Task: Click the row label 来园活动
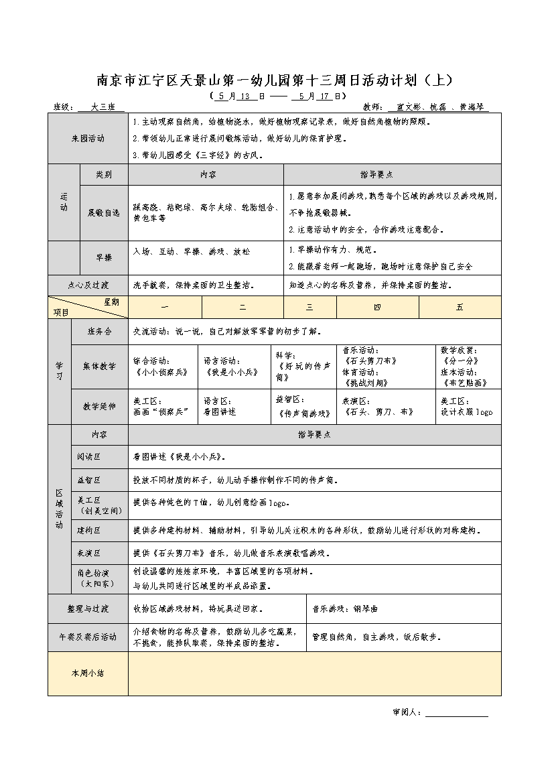point(88,139)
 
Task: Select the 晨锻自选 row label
point(104,213)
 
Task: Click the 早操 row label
point(104,258)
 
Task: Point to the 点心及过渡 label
point(88,285)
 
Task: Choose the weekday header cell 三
point(309,307)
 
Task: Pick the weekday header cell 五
point(460,307)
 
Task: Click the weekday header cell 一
point(165,307)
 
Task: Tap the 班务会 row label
point(100,332)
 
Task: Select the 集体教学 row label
point(100,367)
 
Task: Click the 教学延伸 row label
point(100,407)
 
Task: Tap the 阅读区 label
point(89,457)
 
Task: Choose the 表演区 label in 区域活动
point(89,553)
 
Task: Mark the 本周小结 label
point(88,673)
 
